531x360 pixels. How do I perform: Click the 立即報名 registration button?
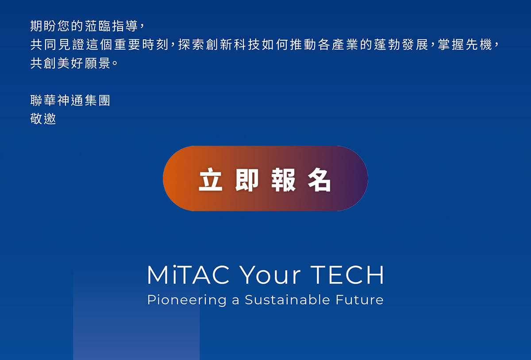[x=265, y=178]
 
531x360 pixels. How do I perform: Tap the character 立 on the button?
[x=211, y=179]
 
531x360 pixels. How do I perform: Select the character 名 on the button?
[x=319, y=179]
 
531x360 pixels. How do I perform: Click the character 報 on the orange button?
[x=283, y=179]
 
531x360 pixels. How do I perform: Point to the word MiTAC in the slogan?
[x=189, y=275]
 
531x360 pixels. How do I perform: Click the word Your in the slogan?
[x=270, y=275]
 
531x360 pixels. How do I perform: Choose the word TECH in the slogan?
[x=347, y=275]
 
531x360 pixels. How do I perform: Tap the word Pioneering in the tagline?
[x=187, y=300]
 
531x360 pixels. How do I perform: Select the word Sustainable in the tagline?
[x=287, y=299]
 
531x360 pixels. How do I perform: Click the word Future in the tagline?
[x=360, y=300]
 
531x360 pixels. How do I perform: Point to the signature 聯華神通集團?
[x=70, y=101]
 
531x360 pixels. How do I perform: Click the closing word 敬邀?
[x=43, y=119]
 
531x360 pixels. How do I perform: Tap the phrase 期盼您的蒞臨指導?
[x=84, y=26]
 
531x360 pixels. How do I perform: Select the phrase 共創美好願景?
[x=70, y=63]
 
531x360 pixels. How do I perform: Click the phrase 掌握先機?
[x=465, y=44]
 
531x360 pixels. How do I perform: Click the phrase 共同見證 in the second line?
[x=58, y=44]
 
